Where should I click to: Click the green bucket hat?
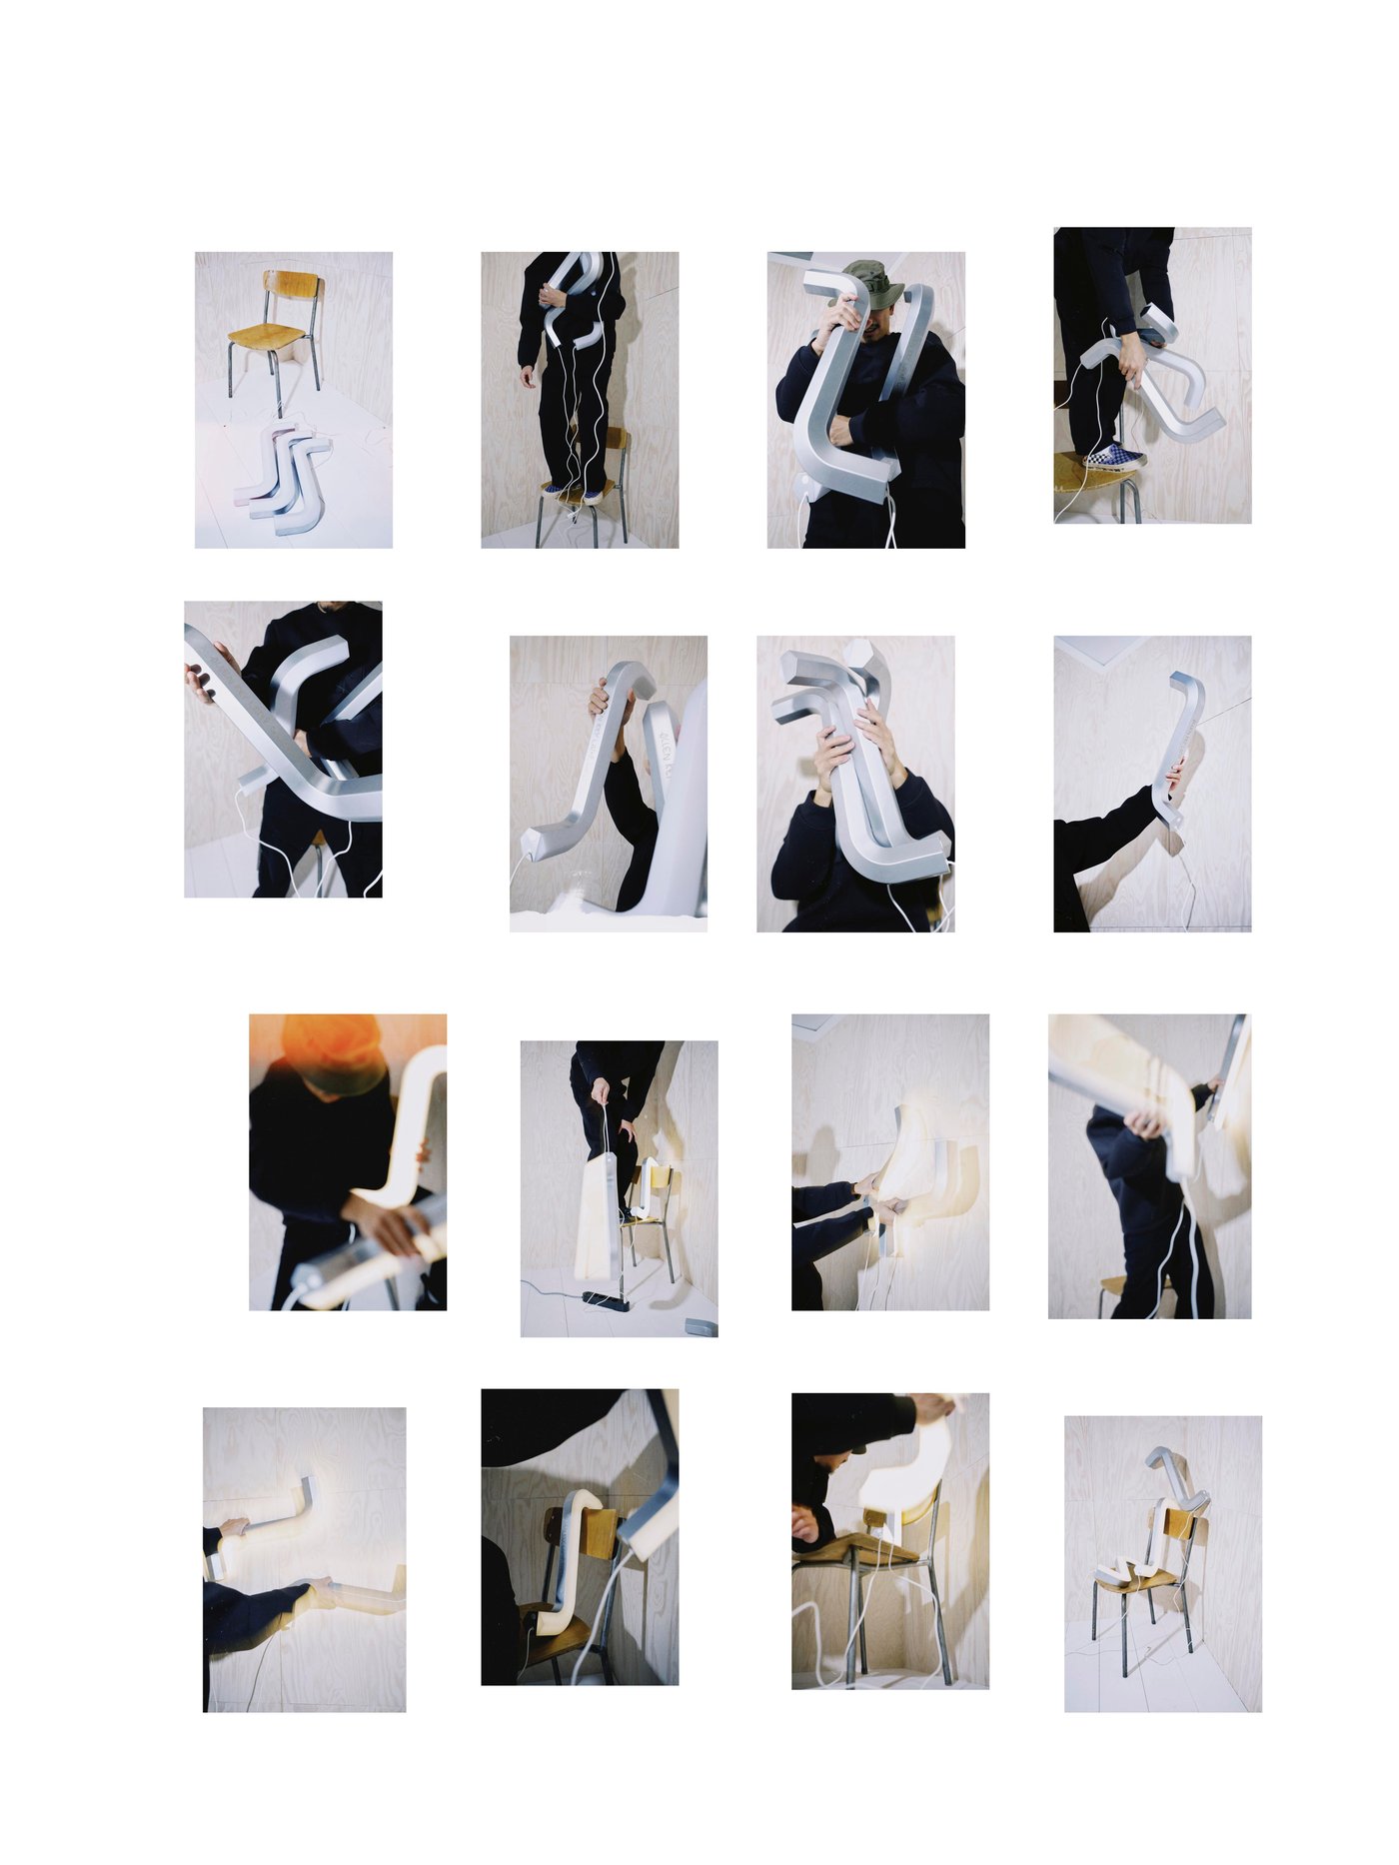click(872, 280)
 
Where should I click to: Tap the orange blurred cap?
click(333, 1051)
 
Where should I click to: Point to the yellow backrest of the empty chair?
click(293, 284)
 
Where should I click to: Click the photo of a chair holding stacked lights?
click(1162, 1563)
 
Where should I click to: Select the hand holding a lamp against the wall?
click(1177, 776)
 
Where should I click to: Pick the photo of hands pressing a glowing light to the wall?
click(889, 1161)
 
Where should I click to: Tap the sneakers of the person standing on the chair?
click(575, 493)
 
